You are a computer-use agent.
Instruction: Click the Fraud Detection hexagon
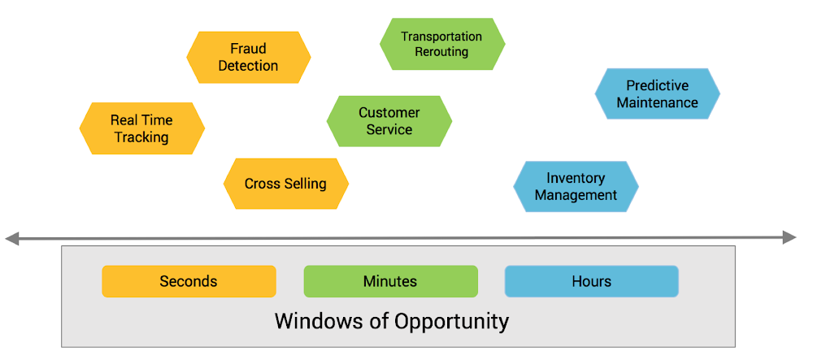[248, 58]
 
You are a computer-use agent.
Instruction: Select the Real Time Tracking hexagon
[142, 128]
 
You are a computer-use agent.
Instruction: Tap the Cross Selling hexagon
[285, 184]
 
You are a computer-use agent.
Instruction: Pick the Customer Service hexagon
[389, 121]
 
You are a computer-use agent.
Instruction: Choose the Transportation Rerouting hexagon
[442, 44]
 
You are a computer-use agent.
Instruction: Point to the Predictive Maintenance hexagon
[658, 93]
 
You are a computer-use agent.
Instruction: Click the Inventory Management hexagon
[576, 186]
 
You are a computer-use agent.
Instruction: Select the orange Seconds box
[189, 281]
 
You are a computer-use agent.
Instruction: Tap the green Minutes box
[390, 281]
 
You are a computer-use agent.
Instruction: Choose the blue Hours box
[592, 281]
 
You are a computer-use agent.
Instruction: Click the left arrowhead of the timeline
[11, 239]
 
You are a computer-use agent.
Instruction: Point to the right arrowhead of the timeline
[789, 238]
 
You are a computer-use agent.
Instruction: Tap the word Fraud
[248, 49]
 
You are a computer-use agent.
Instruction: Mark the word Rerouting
[442, 52]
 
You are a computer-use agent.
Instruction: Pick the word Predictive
[658, 85]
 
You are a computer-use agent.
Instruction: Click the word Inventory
[576, 179]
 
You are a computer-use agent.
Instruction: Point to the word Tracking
[142, 138]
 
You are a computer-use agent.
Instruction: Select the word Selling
[306, 184]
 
